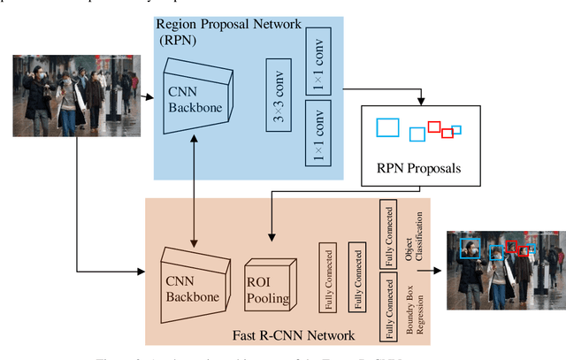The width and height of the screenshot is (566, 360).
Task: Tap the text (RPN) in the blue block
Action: click(x=177, y=38)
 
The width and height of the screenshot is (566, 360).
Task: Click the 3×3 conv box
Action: click(x=279, y=95)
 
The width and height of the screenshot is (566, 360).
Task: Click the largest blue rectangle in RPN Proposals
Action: click(x=387, y=127)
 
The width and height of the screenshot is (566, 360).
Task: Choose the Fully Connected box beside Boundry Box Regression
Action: click(x=386, y=306)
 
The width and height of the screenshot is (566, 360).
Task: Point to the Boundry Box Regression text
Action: click(x=413, y=306)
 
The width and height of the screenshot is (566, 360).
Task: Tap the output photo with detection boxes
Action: click(x=504, y=270)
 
